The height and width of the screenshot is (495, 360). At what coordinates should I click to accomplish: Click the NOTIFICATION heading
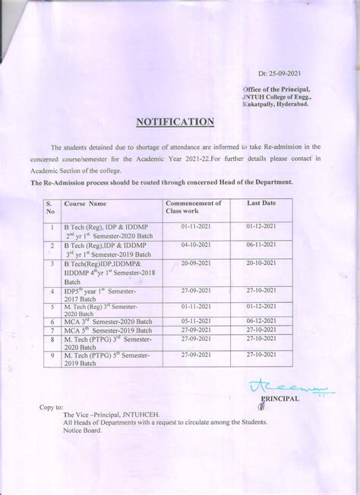[x=175, y=121]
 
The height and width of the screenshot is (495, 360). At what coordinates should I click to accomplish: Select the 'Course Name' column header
[x=86, y=204]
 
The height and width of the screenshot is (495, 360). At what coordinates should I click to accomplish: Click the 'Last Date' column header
[x=261, y=204]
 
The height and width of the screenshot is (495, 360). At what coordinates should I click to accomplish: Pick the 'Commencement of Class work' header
[x=194, y=208]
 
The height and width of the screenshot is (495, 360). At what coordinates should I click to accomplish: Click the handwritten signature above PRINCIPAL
[x=273, y=389]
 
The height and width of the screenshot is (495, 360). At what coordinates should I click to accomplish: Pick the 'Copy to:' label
[x=52, y=408]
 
